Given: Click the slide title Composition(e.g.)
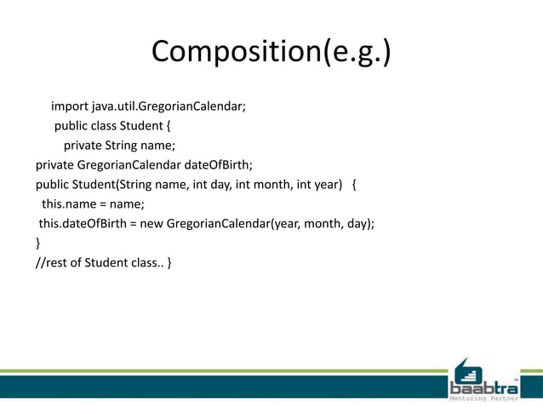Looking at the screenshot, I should coord(271,53).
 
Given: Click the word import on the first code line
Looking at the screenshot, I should coord(69,106).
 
